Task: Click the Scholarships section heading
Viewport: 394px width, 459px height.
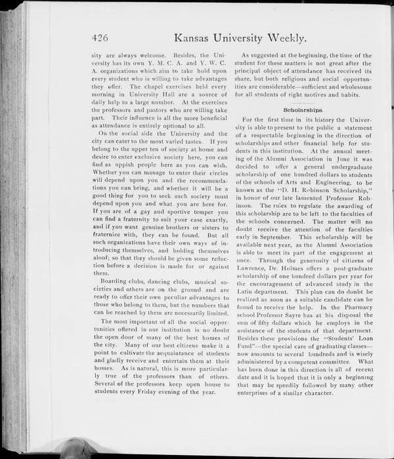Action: point(303,110)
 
